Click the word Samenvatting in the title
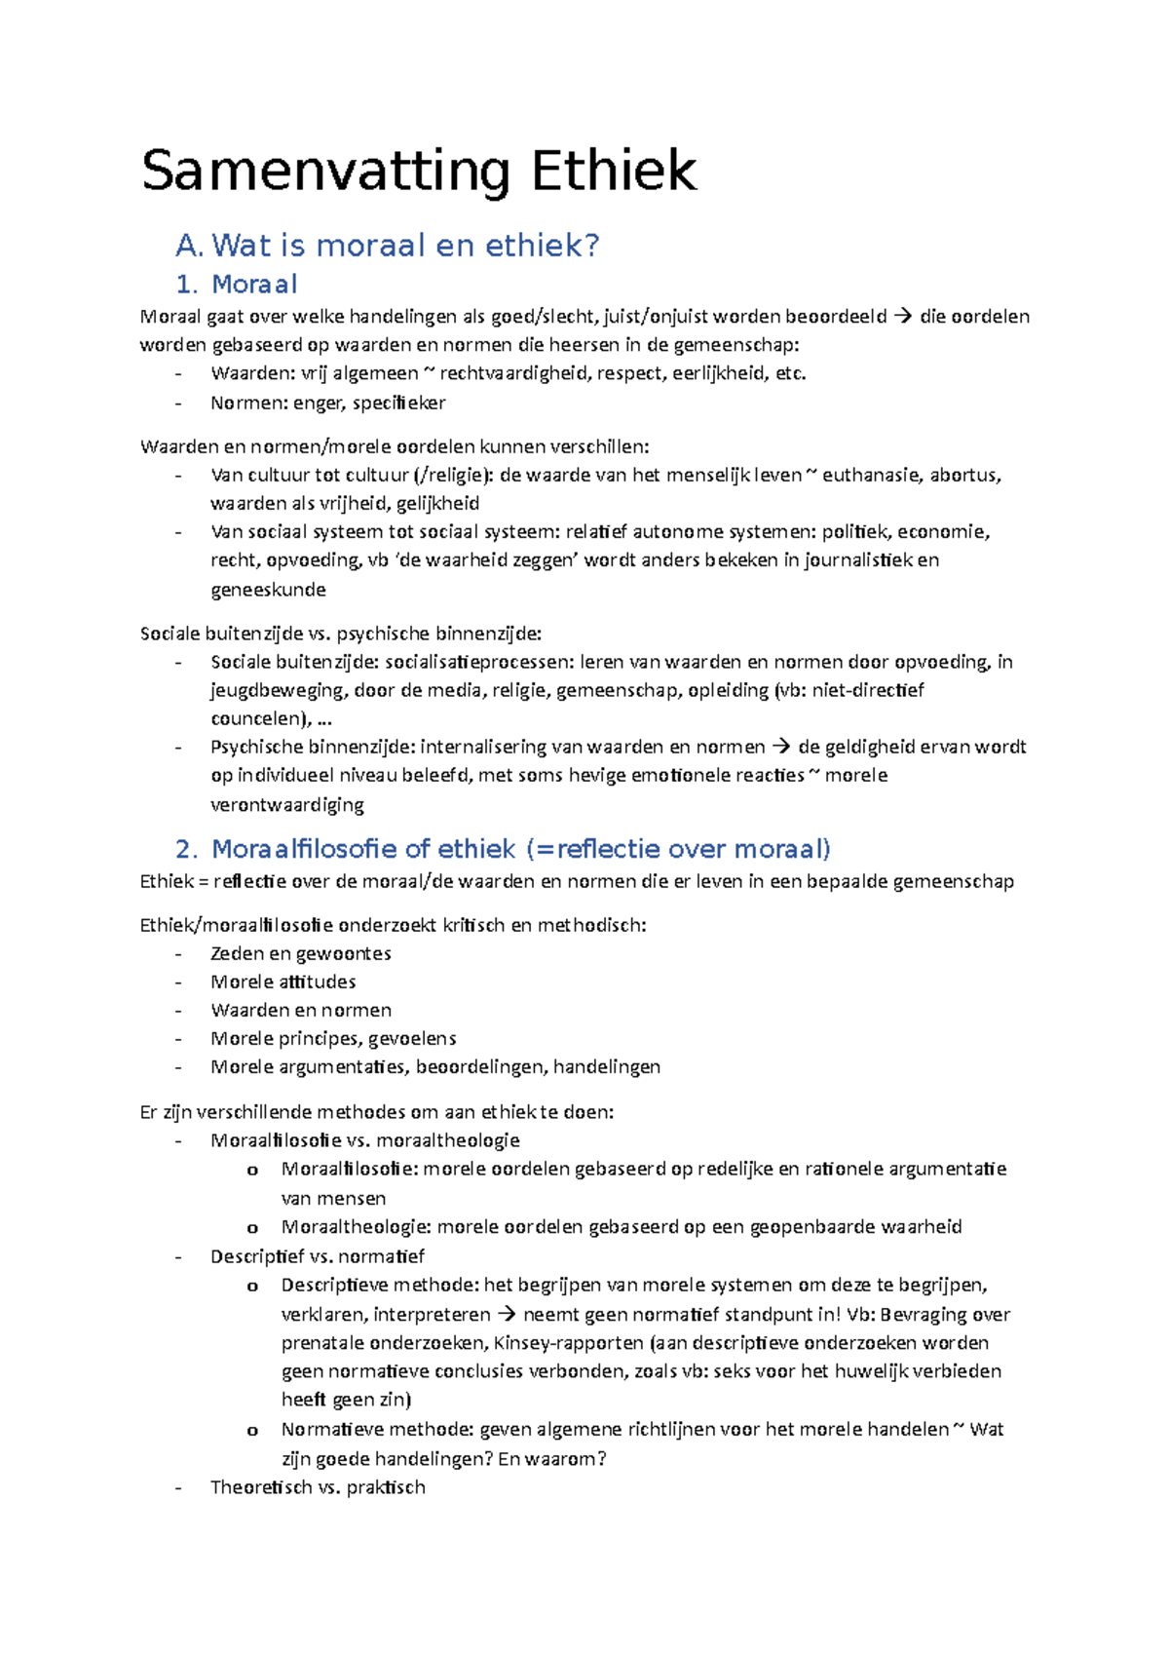pyautogui.click(x=325, y=172)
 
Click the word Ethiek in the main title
pyautogui.click(x=614, y=172)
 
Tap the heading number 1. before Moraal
pyautogui.click(x=187, y=285)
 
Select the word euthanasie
pyautogui.click(x=871, y=475)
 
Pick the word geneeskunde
pyautogui.click(x=268, y=590)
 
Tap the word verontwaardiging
pyautogui.click(x=287, y=805)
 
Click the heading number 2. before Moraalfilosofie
pyautogui.click(x=187, y=849)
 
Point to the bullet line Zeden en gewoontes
pyautogui.click(x=300, y=953)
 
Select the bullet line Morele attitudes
pyautogui.click(x=283, y=981)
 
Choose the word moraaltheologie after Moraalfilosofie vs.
pyautogui.click(x=447, y=1140)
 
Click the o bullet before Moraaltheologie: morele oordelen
pyautogui.click(x=252, y=1228)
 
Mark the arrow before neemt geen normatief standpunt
pyautogui.click(x=507, y=1314)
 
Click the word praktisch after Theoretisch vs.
pyautogui.click(x=386, y=1487)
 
